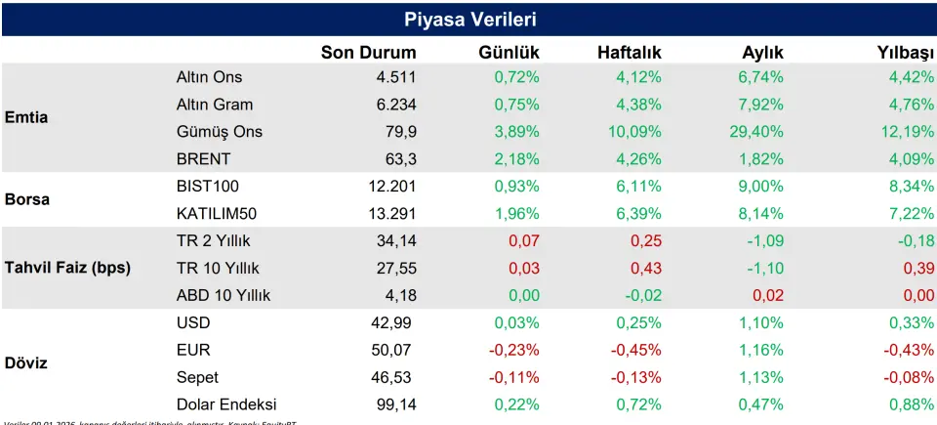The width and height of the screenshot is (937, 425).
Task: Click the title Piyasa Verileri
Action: click(x=469, y=20)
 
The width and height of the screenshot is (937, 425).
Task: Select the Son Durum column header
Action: click(x=368, y=53)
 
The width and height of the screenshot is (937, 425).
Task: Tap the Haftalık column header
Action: click(x=629, y=53)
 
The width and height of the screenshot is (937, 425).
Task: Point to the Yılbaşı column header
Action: click(x=905, y=53)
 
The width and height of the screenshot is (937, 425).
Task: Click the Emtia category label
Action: click(x=26, y=117)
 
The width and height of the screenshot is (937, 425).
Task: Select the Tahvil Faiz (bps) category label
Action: click(x=67, y=268)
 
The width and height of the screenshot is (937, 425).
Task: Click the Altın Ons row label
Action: click(x=209, y=77)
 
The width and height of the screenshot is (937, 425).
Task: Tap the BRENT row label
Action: click(x=204, y=159)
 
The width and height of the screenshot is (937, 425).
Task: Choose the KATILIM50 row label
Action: click(x=218, y=213)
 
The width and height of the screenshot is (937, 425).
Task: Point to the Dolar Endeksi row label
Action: click(x=226, y=404)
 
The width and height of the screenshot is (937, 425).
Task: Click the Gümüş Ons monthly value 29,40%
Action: click(x=754, y=132)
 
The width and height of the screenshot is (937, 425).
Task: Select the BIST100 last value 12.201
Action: click(x=389, y=186)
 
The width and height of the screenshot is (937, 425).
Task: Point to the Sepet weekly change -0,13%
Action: click(x=635, y=377)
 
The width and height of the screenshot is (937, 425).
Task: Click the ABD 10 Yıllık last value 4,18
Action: click(x=399, y=295)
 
